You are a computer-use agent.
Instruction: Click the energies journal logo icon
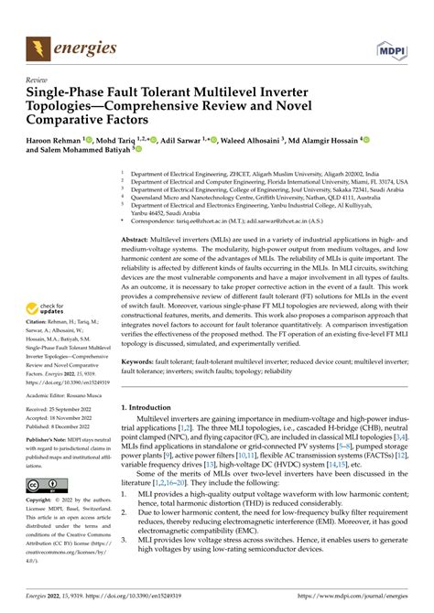click(x=39, y=46)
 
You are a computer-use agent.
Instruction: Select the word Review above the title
click(x=37, y=81)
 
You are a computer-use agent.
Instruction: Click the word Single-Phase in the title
click(x=65, y=94)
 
